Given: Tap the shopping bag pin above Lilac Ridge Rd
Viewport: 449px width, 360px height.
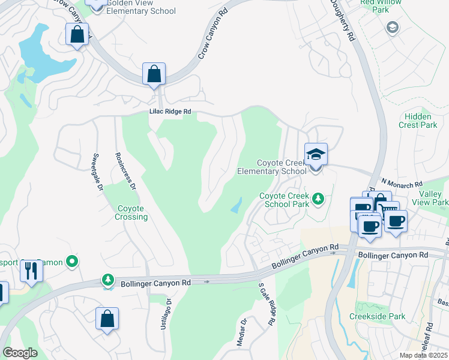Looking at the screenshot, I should tap(154, 75).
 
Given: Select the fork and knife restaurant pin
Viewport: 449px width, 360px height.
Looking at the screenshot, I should tap(31, 271).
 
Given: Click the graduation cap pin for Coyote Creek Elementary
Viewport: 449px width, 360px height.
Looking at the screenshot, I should tap(316, 155).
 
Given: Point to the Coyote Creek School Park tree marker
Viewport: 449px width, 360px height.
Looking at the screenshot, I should tap(319, 198).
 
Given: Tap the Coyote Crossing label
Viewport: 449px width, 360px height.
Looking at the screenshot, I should tap(131, 212).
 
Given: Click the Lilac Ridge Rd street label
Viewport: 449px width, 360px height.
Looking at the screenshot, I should tap(170, 112).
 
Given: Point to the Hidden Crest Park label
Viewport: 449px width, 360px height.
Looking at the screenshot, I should tap(418, 121).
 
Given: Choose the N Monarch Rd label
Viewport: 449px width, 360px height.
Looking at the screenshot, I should tap(402, 182).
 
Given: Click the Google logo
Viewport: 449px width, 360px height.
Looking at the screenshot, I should tap(20, 353).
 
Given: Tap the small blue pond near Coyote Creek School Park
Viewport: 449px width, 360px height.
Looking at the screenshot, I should tap(237, 206).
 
